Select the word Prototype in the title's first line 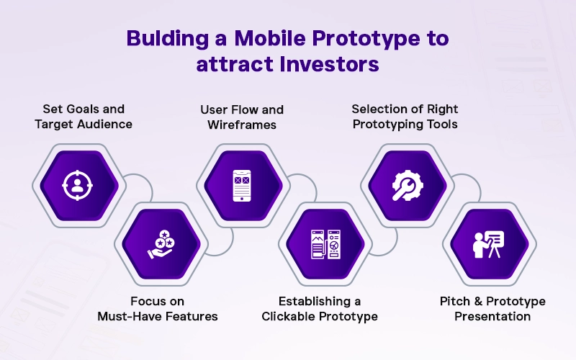[370, 38]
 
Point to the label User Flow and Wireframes [241, 116]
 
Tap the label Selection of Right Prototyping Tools [405, 116]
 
